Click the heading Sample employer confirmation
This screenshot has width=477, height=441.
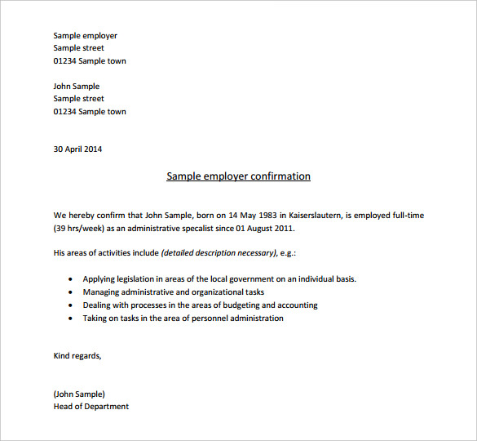point(238,176)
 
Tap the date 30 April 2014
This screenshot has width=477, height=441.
point(77,149)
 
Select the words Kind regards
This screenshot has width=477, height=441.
point(77,356)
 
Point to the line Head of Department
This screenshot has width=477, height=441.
point(91,406)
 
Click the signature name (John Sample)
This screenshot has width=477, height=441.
point(79,394)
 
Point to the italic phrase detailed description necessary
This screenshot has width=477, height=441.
point(219,253)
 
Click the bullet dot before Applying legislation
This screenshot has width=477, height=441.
point(71,279)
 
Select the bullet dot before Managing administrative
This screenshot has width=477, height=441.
point(71,292)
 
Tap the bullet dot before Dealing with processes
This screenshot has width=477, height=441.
point(71,305)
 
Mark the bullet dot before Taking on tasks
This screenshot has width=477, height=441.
point(71,318)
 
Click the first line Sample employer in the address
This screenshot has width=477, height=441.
point(85,35)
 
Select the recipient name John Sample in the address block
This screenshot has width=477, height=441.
point(76,86)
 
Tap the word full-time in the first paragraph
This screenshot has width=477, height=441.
point(405,215)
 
